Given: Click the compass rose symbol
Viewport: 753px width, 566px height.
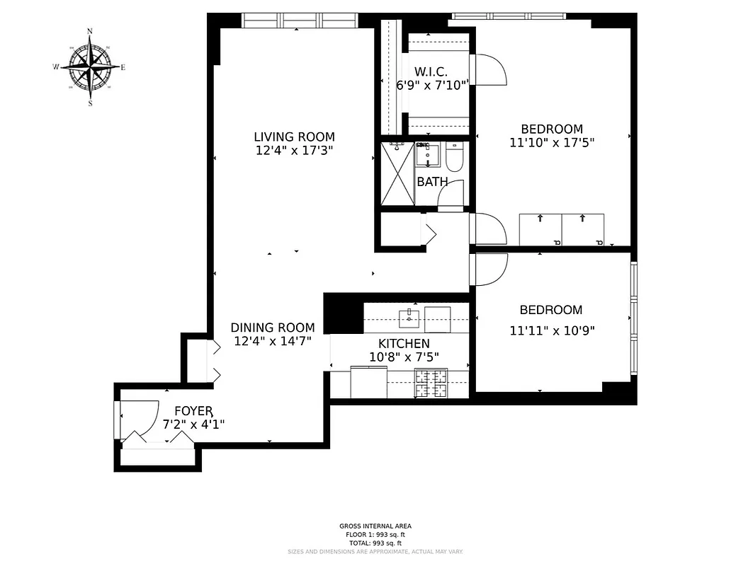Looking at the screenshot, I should (x=91, y=67).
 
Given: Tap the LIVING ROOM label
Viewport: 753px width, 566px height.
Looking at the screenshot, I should (x=294, y=137).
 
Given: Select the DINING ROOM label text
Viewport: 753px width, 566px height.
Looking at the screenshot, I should (x=272, y=328).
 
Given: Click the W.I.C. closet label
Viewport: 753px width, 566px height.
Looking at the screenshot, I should (x=431, y=71).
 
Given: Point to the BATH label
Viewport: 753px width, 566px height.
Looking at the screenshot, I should (x=432, y=182).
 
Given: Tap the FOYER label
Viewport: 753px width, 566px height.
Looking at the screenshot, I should (x=193, y=410).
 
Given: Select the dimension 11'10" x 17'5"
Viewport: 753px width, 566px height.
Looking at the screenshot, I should (x=551, y=142).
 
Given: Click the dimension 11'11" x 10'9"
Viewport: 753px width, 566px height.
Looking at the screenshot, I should (x=551, y=330).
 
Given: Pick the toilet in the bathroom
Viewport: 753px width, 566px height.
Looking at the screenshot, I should (x=454, y=157).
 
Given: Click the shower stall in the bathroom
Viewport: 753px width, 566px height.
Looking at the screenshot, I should (x=397, y=174).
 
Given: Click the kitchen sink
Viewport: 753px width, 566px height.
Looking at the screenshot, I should (x=409, y=318).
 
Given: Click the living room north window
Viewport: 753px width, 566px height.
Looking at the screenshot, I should (x=298, y=21).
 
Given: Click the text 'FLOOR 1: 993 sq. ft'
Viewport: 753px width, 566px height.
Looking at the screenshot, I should (x=375, y=534).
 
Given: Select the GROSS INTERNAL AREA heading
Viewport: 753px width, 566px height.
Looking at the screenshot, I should (x=375, y=526).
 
